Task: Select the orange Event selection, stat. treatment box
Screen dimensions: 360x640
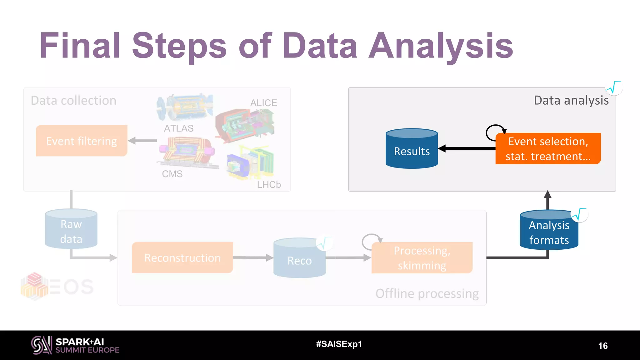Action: tap(548, 149)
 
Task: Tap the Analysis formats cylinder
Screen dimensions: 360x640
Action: tap(549, 231)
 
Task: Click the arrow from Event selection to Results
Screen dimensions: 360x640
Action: tap(467, 149)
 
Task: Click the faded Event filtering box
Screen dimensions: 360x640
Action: tap(82, 141)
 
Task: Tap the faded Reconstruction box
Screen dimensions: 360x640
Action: tap(182, 258)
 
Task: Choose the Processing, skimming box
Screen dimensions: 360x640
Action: tap(422, 258)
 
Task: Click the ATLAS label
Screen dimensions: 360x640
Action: tap(179, 128)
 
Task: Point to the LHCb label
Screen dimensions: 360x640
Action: tap(269, 185)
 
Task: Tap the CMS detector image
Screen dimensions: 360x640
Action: tap(187, 151)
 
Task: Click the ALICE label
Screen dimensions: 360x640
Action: tap(263, 103)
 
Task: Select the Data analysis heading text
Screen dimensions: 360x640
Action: tap(571, 100)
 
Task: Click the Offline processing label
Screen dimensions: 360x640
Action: tap(427, 294)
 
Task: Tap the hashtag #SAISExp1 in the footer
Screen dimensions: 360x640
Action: tap(339, 344)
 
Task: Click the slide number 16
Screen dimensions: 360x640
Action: tap(602, 346)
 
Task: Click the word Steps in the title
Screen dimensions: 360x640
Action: tap(179, 46)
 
